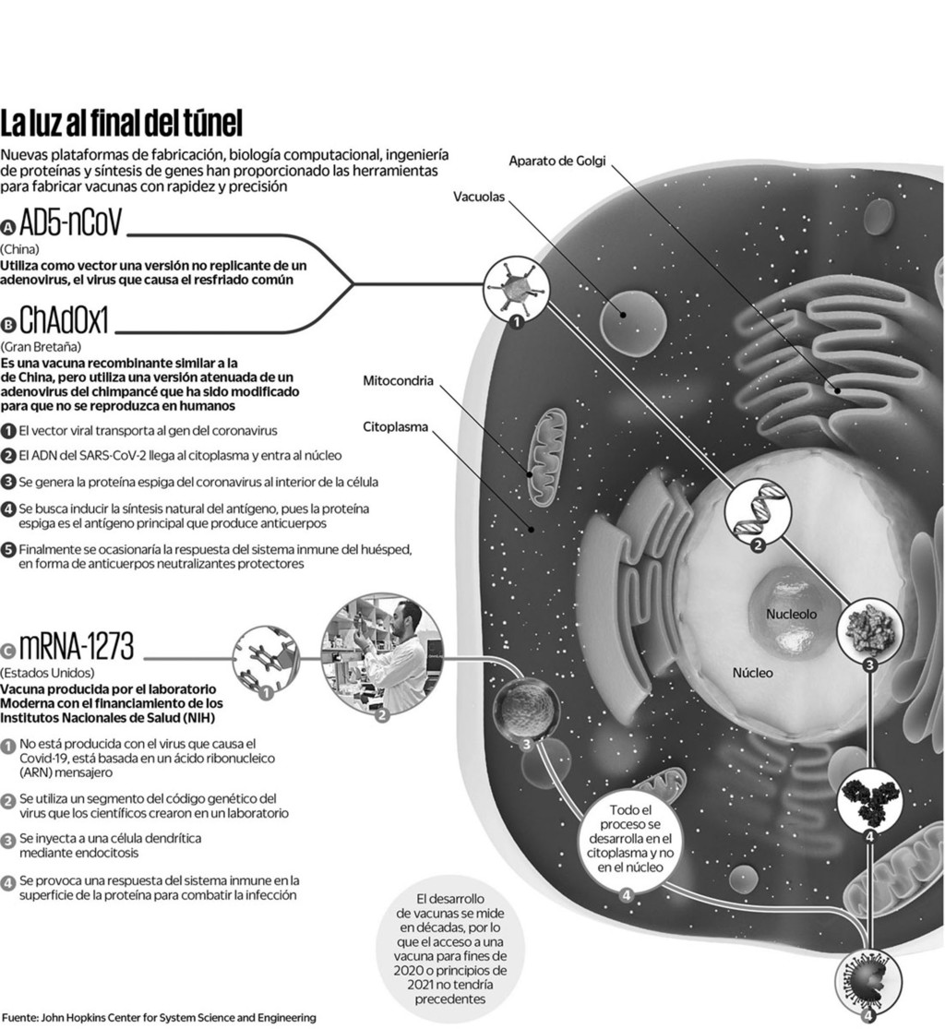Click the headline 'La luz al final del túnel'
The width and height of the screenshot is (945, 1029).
coord(122,123)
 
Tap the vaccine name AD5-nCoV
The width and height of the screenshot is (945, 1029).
coord(69,225)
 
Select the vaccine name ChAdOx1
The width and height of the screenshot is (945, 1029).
coord(64,322)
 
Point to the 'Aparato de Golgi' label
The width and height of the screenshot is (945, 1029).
coord(557,162)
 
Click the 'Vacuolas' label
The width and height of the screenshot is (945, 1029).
coord(479,197)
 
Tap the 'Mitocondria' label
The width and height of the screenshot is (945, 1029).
coord(398,380)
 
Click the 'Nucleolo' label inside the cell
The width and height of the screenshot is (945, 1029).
coord(791,614)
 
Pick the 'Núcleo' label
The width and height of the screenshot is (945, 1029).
coord(753,673)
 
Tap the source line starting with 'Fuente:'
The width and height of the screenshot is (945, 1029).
coord(159,1018)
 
